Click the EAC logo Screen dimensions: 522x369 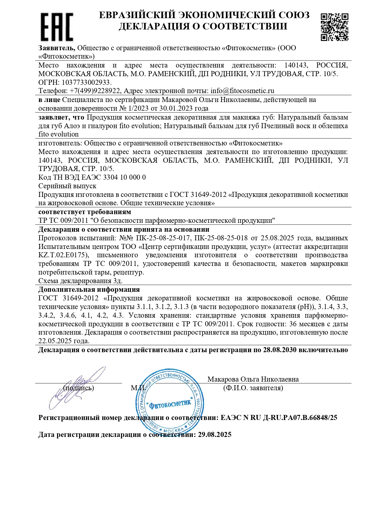57,27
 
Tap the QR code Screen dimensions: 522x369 334,27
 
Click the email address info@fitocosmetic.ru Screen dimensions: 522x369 242,91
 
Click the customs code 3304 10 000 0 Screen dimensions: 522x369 124,177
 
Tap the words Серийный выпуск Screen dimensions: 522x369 67,186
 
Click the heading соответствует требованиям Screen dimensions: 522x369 85,212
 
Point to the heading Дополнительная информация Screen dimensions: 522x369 89,289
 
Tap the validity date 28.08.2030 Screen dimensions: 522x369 280,350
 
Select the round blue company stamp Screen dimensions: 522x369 170,402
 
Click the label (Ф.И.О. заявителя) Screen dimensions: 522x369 253,388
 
